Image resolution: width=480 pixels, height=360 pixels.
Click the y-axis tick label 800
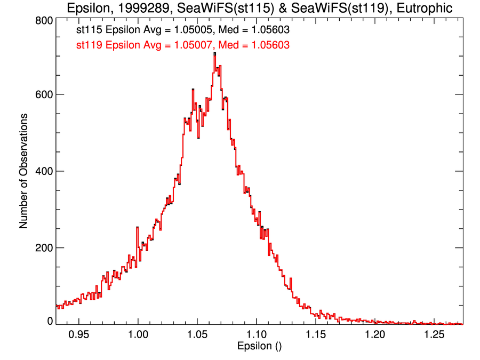43,20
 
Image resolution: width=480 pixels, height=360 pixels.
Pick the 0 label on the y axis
50,321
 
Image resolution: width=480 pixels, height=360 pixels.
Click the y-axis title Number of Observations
23,171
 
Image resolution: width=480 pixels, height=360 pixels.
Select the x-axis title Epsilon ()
259,347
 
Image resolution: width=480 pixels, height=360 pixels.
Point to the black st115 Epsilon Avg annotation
183,30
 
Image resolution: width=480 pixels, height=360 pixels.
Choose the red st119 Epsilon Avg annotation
183,45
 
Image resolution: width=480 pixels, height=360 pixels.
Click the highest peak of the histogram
214,54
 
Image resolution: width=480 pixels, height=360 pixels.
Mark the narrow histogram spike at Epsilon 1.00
137,228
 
